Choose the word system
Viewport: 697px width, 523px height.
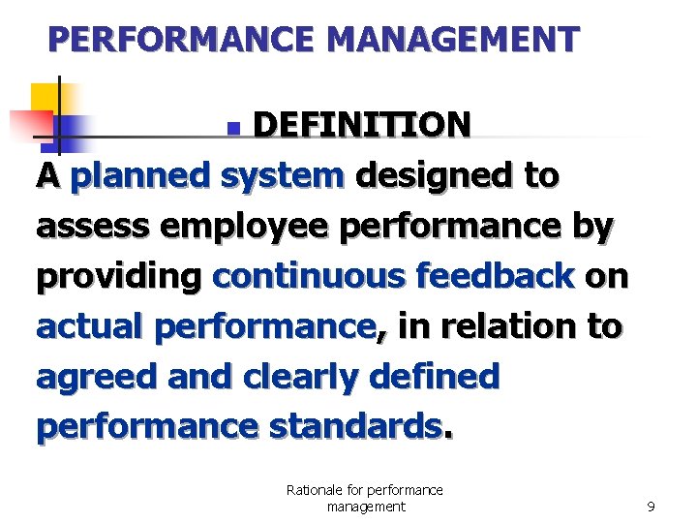point(282,176)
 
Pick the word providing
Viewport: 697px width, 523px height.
point(118,278)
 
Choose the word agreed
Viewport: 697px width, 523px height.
point(97,378)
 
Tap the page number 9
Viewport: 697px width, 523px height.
point(651,507)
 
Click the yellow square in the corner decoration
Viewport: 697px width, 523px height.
point(45,98)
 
